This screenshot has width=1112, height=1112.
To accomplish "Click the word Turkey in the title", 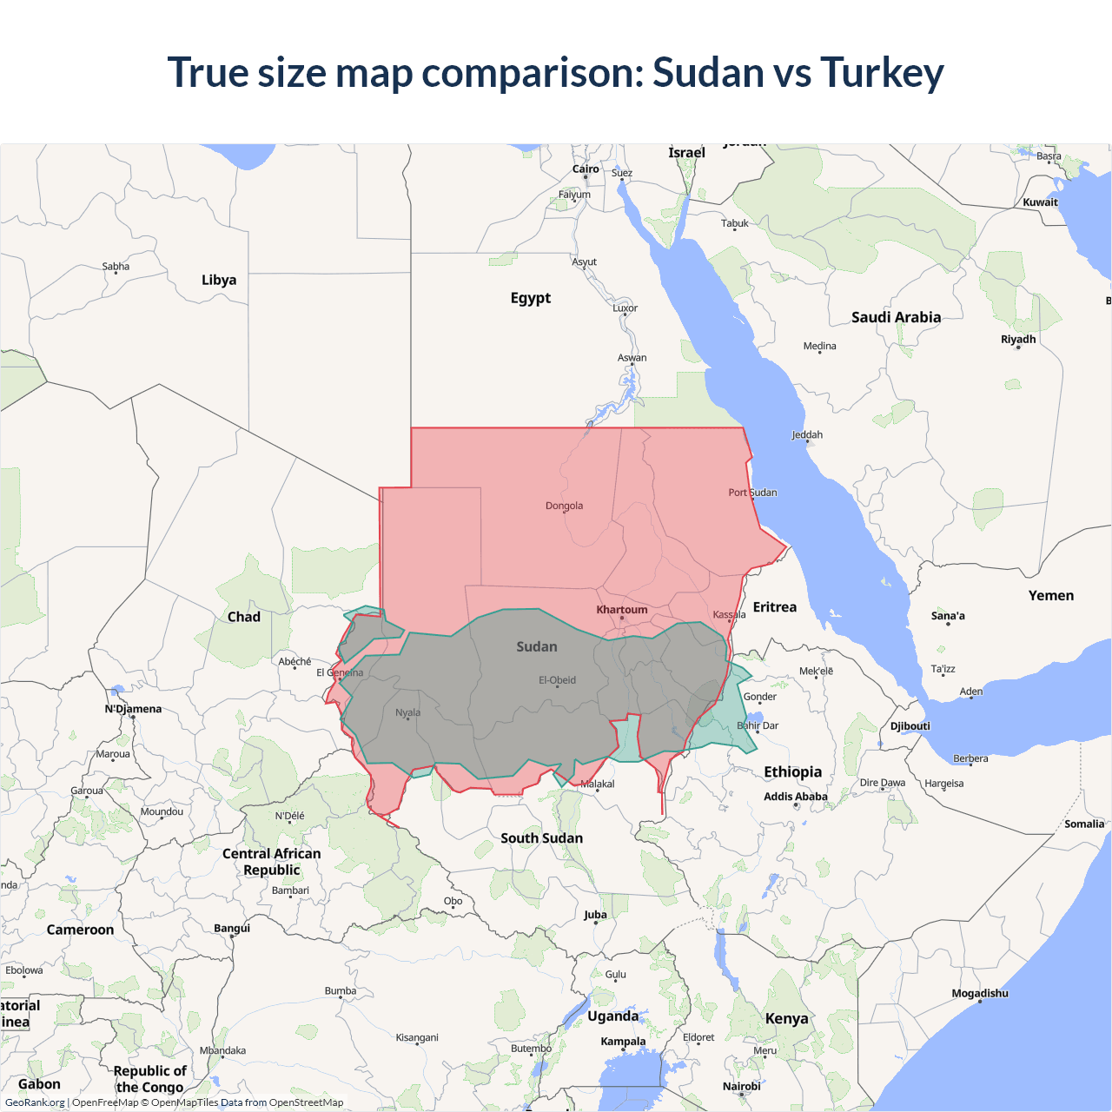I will tap(882, 73).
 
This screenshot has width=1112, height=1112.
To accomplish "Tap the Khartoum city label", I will tap(622, 610).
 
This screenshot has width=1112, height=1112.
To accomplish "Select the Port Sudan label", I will tap(752, 493).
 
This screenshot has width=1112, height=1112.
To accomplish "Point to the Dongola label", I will tap(564, 506).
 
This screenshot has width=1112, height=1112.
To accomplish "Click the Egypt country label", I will tap(531, 298).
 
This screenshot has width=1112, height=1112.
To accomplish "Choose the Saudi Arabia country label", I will tap(896, 317).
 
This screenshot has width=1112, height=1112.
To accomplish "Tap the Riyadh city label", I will tap(1018, 340).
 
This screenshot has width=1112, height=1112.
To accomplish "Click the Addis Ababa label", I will tap(795, 797).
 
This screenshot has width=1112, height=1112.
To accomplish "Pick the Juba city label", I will tap(595, 915).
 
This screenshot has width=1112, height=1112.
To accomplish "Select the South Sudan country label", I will tap(541, 838).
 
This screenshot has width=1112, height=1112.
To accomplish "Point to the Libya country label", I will tap(219, 280).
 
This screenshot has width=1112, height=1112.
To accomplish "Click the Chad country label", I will tap(244, 617).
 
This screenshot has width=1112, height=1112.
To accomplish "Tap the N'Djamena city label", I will tap(133, 709).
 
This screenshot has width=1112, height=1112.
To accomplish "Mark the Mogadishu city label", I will tap(980, 993).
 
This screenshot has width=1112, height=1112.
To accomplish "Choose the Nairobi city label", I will tap(741, 1087).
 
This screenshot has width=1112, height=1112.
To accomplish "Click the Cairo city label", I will tap(586, 169).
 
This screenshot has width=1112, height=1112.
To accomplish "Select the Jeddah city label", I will tap(807, 434).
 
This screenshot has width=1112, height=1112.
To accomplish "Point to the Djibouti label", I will tap(910, 726).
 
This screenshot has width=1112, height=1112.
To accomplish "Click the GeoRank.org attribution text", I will tap(35, 1102).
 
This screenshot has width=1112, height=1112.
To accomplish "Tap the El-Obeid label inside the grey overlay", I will tap(557, 680).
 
